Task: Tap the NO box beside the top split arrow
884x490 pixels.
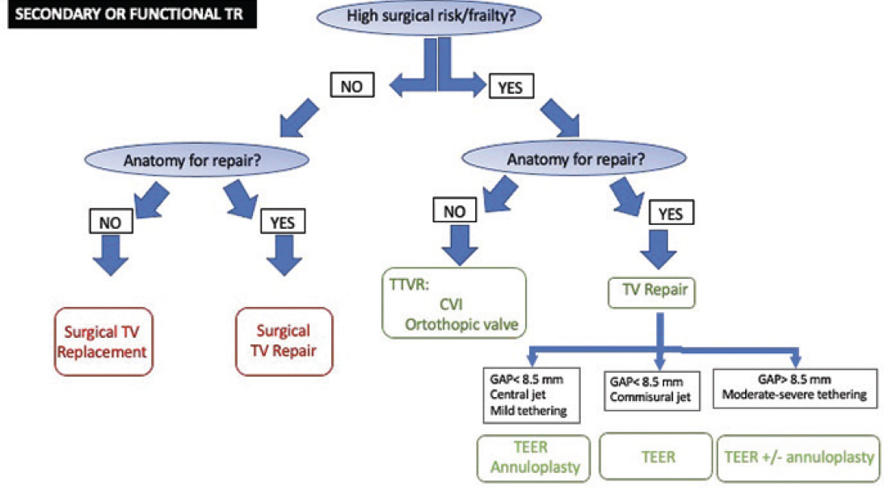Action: coord(351,85)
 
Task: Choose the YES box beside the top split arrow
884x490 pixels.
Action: coord(511,87)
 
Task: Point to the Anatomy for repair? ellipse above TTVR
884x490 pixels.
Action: coord(575,159)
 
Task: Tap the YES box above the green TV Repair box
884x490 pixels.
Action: coord(671,213)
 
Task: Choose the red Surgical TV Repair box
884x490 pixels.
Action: coord(283,341)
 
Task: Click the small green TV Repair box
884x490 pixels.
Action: coord(651,289)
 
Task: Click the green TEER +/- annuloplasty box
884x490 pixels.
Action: coord(798,457)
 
